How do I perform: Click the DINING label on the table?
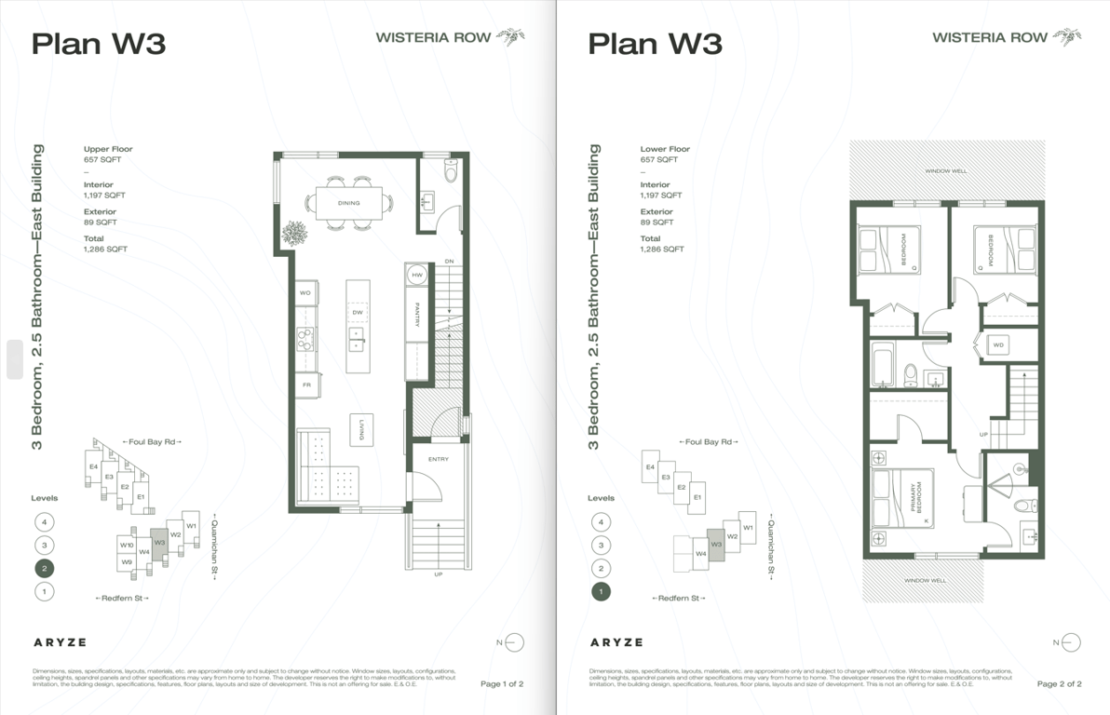(348, 203)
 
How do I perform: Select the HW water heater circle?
(417, 276)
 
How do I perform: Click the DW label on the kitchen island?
(358, 312)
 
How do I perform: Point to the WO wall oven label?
(305, 292)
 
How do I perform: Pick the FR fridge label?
(305, 384)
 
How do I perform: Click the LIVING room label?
(361, 430)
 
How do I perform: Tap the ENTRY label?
(439, 460)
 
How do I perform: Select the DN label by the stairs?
(449, 261)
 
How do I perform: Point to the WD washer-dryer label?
(998, 345)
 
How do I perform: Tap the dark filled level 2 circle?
(43, 568)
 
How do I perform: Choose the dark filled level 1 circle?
(601, 591)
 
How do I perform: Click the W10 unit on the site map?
(127, 545)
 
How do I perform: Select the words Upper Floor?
(108, 149)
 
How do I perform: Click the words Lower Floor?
(665, 149)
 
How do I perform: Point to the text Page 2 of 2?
(1059, 684)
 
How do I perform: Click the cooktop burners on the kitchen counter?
(305, 339)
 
